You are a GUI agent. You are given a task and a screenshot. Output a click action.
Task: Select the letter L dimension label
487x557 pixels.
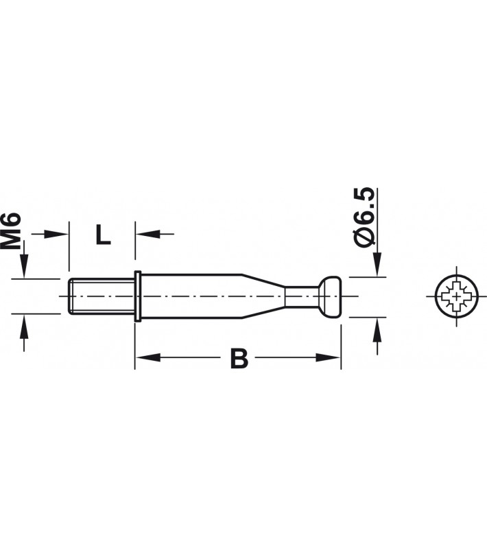tap(103, 234)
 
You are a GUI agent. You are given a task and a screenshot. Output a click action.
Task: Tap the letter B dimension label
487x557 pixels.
tap(239, 358)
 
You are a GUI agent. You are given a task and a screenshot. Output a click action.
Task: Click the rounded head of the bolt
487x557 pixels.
tap(329, 296)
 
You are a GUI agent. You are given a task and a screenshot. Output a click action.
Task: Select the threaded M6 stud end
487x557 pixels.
tap(102, 296)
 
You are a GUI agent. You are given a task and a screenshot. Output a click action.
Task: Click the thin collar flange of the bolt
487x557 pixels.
tap(138, 296)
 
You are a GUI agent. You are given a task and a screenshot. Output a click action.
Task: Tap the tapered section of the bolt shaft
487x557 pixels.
tap(263, 296)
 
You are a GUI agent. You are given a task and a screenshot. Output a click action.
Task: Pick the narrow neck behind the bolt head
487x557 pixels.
tap(302, 296)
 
